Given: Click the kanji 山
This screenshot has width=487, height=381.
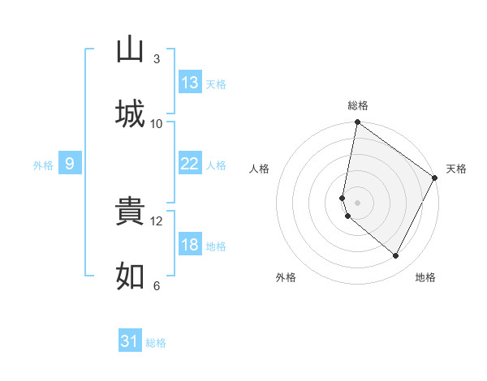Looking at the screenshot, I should pyautogui.click(x=130, y=50).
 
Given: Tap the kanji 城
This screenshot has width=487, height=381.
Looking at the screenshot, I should pyautogui.click(x=130, y=114).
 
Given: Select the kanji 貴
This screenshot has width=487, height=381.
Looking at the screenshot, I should pyautogui.click(x=130, y=212).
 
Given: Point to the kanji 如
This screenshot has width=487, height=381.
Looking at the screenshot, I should pyautogui.click(x=130, y=276).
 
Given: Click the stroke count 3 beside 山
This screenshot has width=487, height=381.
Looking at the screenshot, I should pyautogui.click(x=157, y=59).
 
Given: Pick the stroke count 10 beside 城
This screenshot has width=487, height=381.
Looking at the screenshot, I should pyautogui.click(x=157, y=123).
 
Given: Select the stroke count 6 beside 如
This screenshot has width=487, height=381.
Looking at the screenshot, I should pyautogui.click(x=157, y=285).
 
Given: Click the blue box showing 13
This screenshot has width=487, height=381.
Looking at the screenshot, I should pyautogui.click(x=190, y=83).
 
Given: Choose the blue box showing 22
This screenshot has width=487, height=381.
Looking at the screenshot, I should pyautogui.click(x=190, y=164).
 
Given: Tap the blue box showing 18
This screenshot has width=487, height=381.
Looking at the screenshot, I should pyautogui.click(x=190, y=245).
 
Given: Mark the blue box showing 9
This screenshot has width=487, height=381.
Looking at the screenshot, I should pyautogui.click(x=70, y=164).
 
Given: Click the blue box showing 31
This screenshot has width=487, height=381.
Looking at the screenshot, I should pyautogui.click(x=130, y=342).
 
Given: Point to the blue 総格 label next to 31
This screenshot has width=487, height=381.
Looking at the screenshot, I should pyautogui.click(x=156, y=343).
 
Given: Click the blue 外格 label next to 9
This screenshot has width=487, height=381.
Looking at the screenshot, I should pyautogui.click(x=43, y=165).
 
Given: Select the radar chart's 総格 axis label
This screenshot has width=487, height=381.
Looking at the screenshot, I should pyautogui.click(x=358, y=105).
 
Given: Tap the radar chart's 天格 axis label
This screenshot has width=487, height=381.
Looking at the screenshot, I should pyautogui.click(x=456, y=169).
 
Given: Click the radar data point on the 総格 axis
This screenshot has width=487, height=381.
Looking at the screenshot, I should pyautogui.click(x=357, y=123).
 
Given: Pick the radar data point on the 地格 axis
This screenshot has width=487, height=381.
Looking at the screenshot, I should pyautogui.click(x=396, y=256).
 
